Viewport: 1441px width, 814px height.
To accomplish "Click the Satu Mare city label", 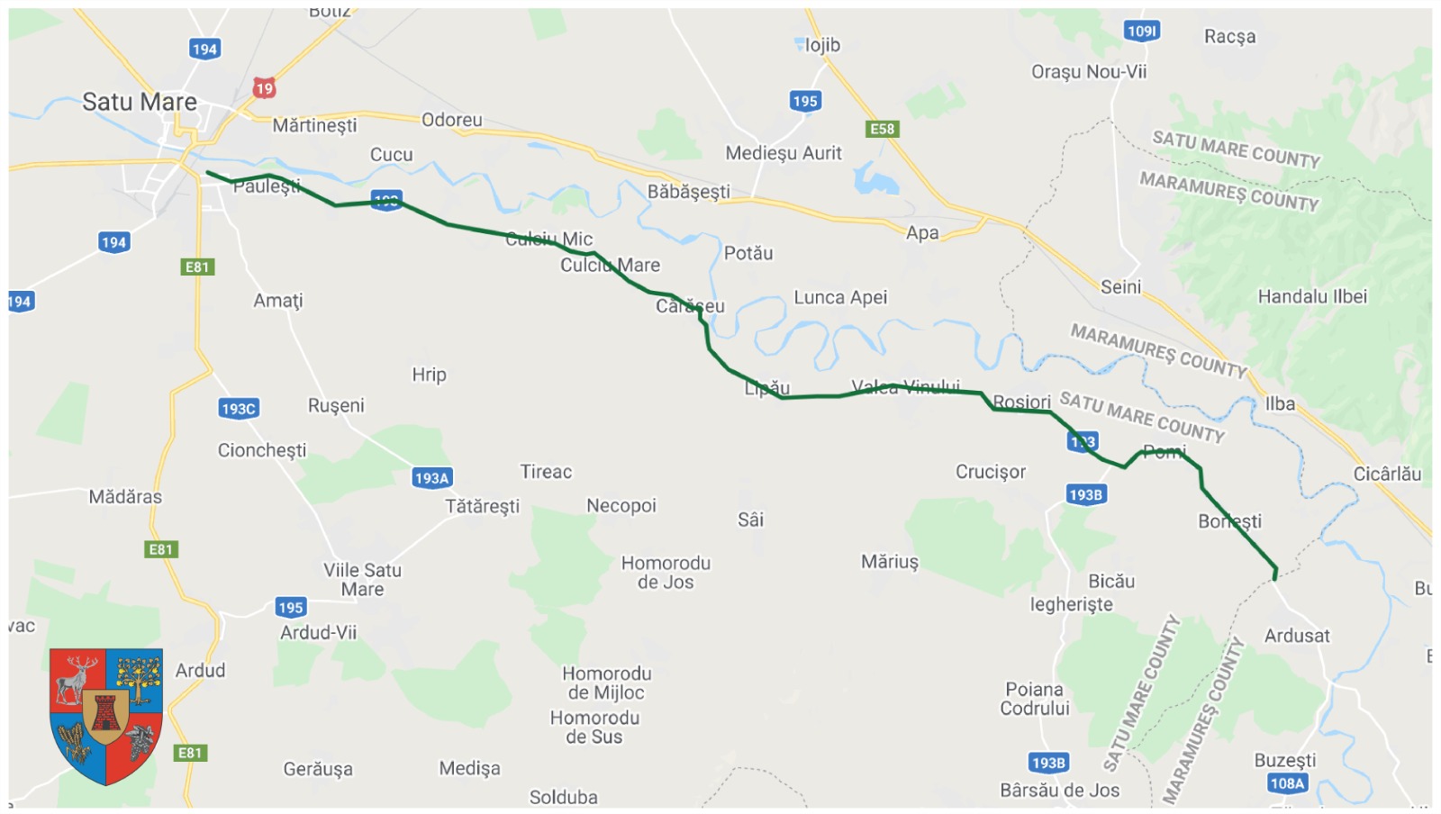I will point(140,102).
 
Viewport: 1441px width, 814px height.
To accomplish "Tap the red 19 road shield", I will point(263,88).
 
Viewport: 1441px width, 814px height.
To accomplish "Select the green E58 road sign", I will point(882,129).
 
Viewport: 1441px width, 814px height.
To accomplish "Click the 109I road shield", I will point(1142,32).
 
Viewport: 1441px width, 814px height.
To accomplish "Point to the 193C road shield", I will point(239,409).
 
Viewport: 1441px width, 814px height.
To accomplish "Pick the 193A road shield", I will point(431,478).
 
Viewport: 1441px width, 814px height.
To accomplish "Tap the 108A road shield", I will point(1287,783).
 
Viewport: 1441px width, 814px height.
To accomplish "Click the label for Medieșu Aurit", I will point(784,153).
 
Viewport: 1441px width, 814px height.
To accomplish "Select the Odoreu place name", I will point(451,120).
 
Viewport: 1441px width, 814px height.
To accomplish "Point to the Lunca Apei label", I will point(840,297).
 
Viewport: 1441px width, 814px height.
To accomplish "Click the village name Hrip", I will point(429,375).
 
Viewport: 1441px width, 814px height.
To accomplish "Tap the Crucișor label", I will point(991,472).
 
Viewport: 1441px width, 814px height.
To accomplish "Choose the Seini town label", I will point(1120,286).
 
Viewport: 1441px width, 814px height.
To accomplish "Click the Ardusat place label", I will point(1297,636).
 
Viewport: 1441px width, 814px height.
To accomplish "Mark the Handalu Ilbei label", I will point(1312,296).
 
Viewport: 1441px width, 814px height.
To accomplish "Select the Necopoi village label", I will point(621,506).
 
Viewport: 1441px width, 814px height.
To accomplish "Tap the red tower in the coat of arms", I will point(106,714).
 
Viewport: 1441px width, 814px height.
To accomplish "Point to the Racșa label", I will point(1229,36).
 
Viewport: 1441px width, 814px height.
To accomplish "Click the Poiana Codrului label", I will point(1035,699).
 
